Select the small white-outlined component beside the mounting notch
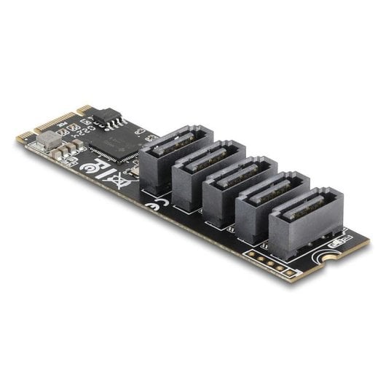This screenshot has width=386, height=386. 336,240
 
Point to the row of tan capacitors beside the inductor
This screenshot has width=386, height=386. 71,146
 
